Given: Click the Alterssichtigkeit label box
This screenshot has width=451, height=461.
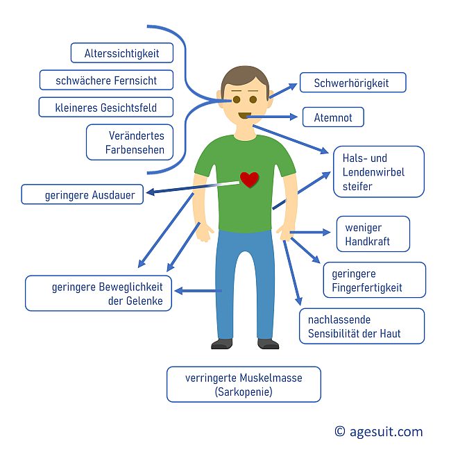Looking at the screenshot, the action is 122,53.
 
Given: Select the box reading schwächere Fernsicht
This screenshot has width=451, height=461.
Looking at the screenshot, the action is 106,80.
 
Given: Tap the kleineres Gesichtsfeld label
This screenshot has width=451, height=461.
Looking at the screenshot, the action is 106,107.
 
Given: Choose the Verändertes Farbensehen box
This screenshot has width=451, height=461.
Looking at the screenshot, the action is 130,142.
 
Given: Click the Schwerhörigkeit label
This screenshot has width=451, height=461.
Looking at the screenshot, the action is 353,83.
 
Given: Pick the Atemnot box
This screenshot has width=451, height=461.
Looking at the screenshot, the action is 333,117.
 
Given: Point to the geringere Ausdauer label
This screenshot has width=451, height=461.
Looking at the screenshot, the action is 83,194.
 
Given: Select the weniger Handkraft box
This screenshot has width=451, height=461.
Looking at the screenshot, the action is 373,234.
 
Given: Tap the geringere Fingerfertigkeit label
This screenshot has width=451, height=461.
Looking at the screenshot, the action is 375,280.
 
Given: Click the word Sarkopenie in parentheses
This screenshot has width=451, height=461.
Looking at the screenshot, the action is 244,392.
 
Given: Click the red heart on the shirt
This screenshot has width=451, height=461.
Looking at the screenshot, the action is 249,180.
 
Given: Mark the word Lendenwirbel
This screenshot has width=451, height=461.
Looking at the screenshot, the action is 373,172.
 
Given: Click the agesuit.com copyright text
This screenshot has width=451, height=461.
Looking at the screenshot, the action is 379,431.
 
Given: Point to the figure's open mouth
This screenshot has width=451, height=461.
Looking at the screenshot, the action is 244,115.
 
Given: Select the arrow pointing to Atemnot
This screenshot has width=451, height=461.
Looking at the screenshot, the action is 272,117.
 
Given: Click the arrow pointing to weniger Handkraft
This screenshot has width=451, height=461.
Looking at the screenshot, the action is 310,233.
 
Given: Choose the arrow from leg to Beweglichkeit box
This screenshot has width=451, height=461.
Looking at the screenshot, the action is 198,291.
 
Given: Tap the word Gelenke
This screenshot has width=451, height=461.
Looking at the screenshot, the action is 144,301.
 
